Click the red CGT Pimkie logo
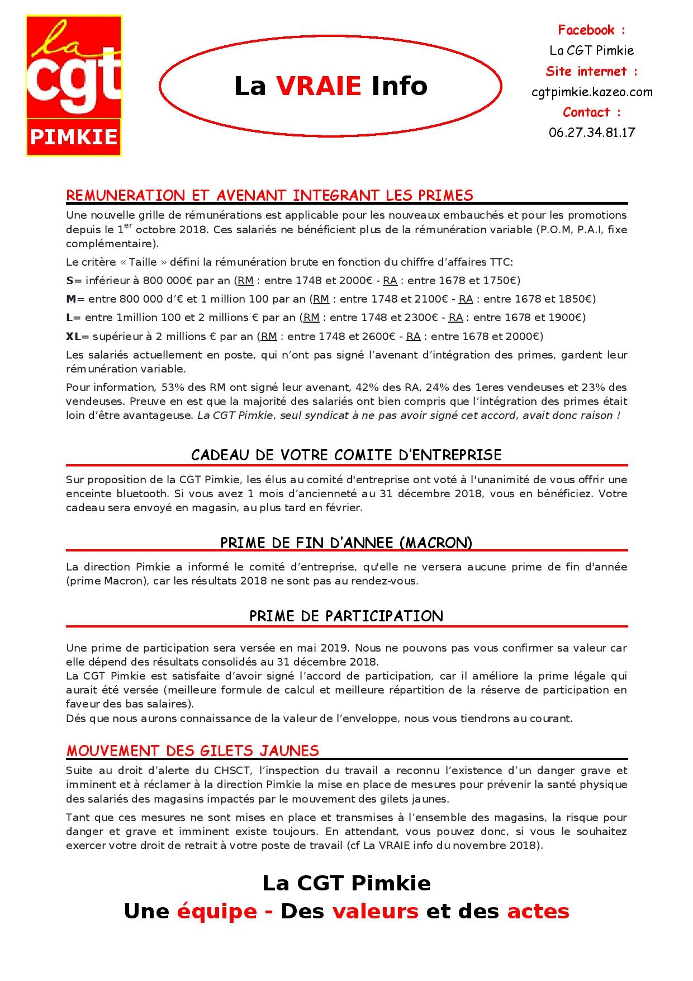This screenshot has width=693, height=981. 74,86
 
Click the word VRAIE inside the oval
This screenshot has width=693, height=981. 319,86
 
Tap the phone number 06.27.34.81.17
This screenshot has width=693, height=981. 592,133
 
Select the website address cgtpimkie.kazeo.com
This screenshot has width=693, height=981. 592,92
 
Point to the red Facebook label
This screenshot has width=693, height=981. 591,30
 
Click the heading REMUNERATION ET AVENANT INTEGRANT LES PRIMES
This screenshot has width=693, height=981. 269,195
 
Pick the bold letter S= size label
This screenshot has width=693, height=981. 73,280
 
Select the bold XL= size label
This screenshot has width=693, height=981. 77,336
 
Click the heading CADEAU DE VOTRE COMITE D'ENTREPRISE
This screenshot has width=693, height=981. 346,455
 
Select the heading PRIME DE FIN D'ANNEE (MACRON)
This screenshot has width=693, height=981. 346,543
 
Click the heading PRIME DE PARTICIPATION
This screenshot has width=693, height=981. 346,616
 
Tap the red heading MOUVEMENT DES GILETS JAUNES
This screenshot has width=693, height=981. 192,751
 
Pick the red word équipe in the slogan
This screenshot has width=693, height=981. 217,911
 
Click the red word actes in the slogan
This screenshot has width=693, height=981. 538,911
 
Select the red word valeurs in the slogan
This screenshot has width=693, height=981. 375,911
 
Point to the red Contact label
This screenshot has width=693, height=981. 591,112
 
